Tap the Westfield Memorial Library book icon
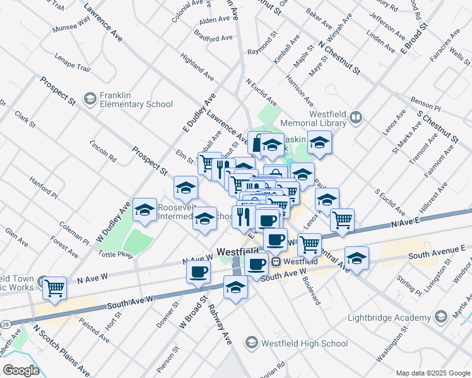(x=357, y=118)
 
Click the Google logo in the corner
(x=21, y=370)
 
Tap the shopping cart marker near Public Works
(x=55, y=287)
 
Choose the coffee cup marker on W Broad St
(x=199, y=272)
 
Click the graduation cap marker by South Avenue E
(x=357, y=258)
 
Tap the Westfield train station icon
(x=276, y=261)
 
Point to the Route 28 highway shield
(x=5, y=322)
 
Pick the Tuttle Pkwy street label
(x=116, y=254)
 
